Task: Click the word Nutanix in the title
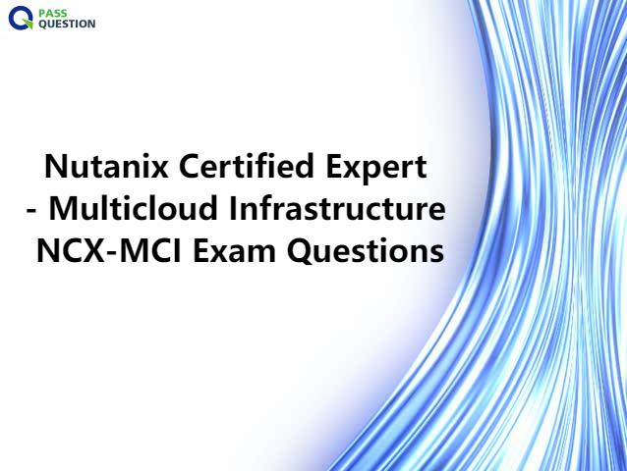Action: tap(106, 166)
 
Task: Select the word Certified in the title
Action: tap(247, 166)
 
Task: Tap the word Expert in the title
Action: tap(376, 169)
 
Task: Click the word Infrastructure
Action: tap(337, 208)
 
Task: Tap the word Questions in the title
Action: tap(366, 251)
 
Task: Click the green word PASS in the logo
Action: tap(53, 13)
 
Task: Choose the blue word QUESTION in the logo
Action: tap(67, 24)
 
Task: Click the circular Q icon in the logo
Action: tap(21, 18)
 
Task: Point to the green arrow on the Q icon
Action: tap(28, 24)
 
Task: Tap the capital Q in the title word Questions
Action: tap(301, 251)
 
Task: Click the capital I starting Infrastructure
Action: tap(232, 208)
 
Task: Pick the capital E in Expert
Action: tap(334, 166)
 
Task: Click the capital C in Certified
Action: tap(189, 166)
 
